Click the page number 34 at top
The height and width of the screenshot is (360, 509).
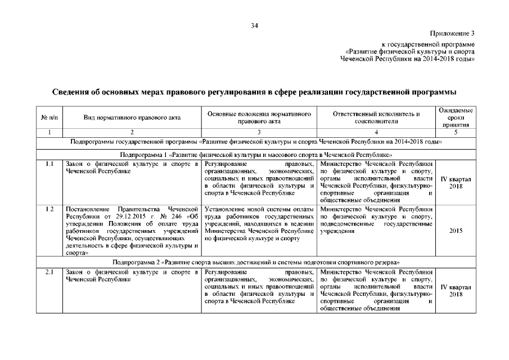[254, 25]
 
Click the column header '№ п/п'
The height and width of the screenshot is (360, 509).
[49, 118]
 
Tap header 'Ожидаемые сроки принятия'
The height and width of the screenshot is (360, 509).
[456, 118]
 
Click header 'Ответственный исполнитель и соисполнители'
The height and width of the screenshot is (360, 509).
[376, 118]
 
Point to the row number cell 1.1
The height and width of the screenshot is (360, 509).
[49, 164]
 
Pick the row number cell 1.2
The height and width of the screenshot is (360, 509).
[49, 209]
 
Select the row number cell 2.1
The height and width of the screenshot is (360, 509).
[49, 273]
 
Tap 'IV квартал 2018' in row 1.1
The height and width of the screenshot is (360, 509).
[456, 182]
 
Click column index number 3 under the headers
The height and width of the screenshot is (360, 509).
[259, 133]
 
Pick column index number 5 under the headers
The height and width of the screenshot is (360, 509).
[456, 133]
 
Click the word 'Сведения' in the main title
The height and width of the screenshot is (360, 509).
[72, 92]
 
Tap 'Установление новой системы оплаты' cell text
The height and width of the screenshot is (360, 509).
[259, 209]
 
